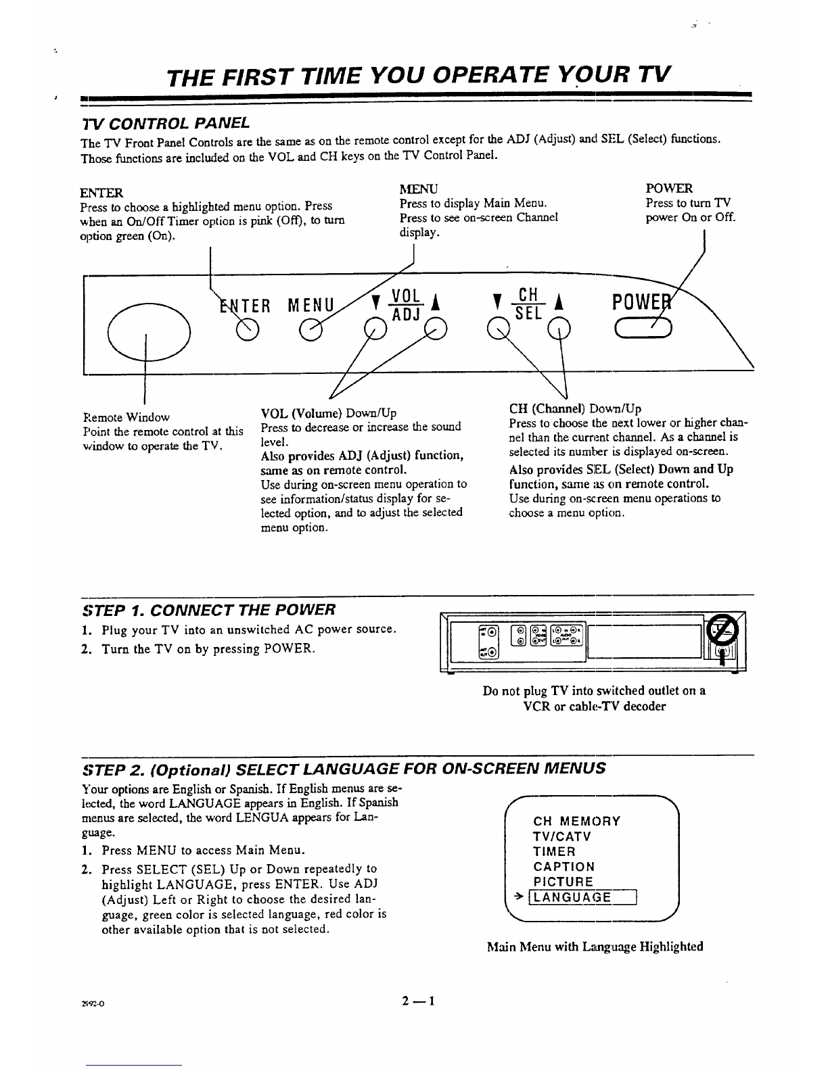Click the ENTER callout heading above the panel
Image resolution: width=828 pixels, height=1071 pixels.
101,192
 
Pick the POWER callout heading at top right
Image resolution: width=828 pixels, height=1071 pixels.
670,188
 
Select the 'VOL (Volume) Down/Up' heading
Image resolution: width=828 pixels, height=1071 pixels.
328,413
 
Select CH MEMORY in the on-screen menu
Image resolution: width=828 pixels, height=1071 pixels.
576,822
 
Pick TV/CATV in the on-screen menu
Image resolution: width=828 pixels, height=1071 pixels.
562,837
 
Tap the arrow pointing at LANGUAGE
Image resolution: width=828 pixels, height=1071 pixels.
519,897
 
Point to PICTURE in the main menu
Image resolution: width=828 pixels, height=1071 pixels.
563,882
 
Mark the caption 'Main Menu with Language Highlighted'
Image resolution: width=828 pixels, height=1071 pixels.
595,947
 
